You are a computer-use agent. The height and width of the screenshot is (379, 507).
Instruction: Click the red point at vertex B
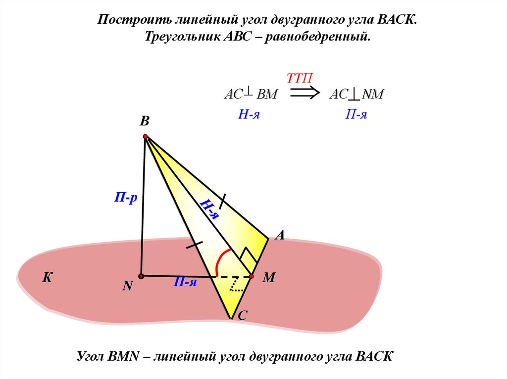pyautogui.click(x=145, y=136)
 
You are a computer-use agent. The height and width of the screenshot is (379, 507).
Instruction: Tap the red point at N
pyautogui.click(x=141, y=276)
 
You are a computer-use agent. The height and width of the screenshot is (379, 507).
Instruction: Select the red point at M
pyautogui.click(x=252, y=276)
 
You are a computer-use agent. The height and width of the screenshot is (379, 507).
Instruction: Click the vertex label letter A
pyautogui.click(x=280, y=236)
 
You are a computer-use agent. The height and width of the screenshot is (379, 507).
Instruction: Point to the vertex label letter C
pyautogui.click(x=243, y=316)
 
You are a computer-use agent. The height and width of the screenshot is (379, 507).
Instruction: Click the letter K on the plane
pyautogui.click(x=47, y=278)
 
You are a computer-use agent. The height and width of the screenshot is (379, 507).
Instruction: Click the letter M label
pyautogui.click(x=269, y=278)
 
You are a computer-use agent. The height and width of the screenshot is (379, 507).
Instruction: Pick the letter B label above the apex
pyautogui.click(x=144, y=122)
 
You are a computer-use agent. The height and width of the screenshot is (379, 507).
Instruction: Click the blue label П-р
pyautogui.click(x=126, y=199)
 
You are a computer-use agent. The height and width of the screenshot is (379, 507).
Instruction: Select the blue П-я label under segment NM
pyautogui.click(x=186, y=282)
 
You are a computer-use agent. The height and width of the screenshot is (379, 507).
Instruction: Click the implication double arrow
pyautogui.click(x=304, y=93)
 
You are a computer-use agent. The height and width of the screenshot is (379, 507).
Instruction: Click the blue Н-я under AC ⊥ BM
pyautogui.click(x=249, y=115)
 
